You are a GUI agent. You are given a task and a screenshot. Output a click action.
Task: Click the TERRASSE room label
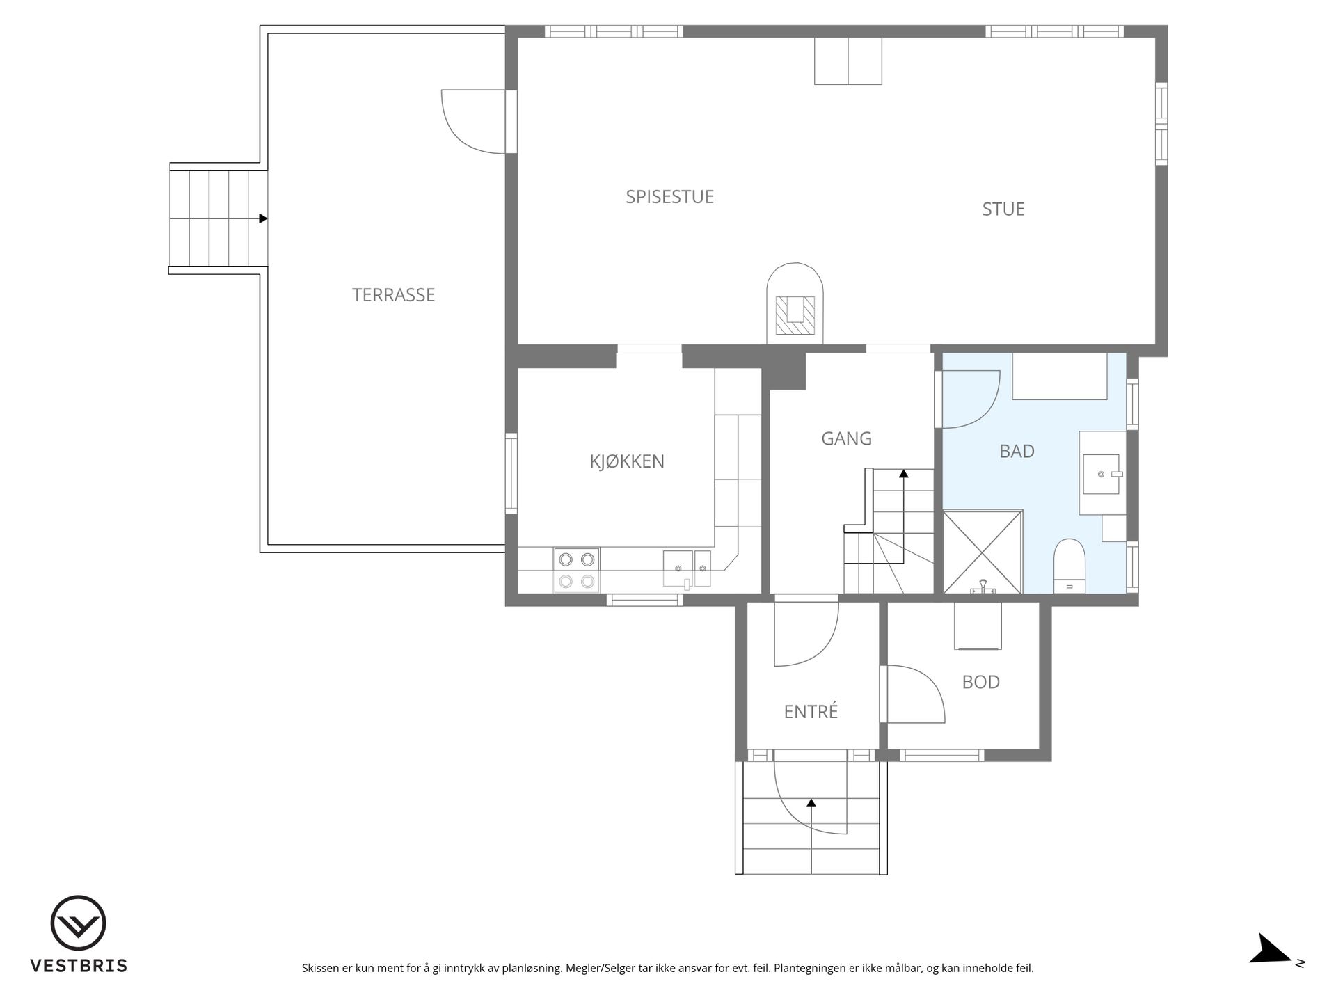(393, 295)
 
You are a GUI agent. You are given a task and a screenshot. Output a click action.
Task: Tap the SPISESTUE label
(669, 197)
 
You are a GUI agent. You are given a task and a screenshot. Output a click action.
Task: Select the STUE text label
(1003, 209)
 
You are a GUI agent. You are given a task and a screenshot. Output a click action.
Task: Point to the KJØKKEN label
(627, 461)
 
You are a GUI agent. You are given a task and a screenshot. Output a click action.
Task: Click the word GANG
(846, 438)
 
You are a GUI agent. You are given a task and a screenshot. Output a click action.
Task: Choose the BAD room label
(1017, 452)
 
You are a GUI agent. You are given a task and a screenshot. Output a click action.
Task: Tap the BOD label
(980, 682)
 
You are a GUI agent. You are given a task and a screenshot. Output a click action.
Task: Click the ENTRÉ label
(811, 711)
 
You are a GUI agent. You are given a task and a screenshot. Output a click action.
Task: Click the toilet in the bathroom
(1069, 566)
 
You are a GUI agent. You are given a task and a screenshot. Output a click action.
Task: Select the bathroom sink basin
(1102, 474)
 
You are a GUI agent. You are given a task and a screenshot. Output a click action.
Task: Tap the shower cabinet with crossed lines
(983, 552)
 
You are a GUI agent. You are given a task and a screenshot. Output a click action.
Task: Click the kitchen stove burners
(577, 570)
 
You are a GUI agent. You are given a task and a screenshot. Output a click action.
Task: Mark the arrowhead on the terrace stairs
(263, 218)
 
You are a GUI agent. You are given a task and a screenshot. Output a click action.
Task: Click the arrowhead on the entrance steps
(811, 802)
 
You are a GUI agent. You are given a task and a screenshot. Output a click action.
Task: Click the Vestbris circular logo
(79, 923)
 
